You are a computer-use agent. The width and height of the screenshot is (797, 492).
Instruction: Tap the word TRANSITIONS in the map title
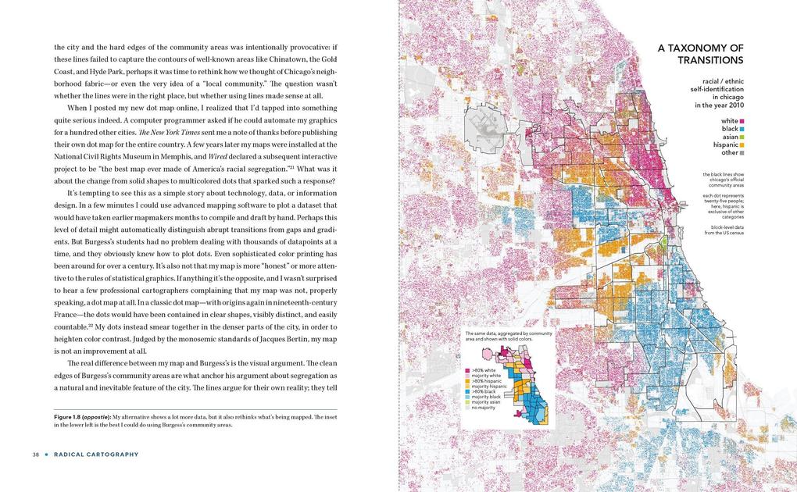point(710,60)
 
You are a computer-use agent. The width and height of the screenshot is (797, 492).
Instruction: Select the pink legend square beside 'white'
point(742,121)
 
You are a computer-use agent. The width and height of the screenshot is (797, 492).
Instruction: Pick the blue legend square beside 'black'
point(742,129)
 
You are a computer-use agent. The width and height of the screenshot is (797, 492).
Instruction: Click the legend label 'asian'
point(730,137)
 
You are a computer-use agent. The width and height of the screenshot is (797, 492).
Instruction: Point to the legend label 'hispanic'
point(725,144)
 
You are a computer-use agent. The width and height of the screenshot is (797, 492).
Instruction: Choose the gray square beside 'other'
point(742,153)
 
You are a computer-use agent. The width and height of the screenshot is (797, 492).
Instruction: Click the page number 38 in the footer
point(36,455)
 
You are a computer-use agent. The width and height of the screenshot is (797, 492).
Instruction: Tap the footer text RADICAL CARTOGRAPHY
point(96,455)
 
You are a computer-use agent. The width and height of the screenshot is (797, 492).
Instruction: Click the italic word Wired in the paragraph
point(218,156)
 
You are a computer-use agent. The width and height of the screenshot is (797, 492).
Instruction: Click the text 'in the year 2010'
point(719,105)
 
